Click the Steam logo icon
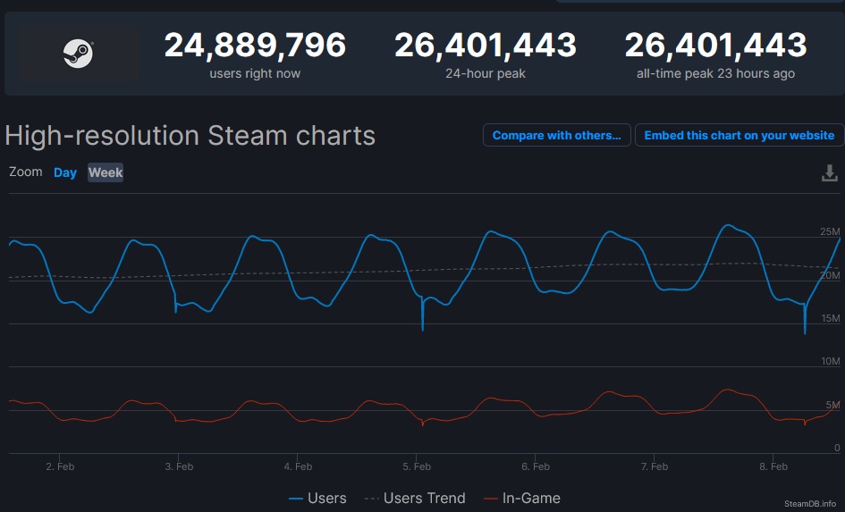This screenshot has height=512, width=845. coord(78,54)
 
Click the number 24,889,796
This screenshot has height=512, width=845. coord(255,45)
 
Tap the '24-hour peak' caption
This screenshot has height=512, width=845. coord(486,73)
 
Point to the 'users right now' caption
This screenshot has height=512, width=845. coord(255,73)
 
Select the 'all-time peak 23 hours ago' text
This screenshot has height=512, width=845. coord(715,73)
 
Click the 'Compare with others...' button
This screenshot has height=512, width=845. coord(556,135)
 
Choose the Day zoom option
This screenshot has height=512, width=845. coord(65,172)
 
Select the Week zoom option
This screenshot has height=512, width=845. coord(106,172)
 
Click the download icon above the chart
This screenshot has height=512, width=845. coord(830,173)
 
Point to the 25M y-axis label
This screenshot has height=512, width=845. coord(830,232)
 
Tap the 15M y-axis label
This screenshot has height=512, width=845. coord(830,319)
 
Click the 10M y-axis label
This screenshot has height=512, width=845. coord(830,362)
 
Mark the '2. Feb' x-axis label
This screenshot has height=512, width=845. coord(60,466)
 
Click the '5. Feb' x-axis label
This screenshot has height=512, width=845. coord(417,466)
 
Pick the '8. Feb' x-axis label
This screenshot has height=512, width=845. coord(773,466)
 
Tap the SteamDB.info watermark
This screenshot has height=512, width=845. coord(810,504)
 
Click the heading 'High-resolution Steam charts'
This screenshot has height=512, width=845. coord(190,136)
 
